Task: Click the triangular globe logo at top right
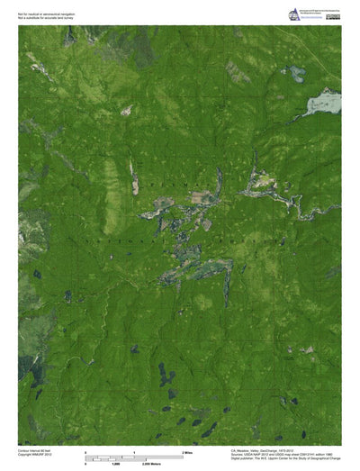pos(293,14)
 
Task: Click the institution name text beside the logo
pos(322,12)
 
